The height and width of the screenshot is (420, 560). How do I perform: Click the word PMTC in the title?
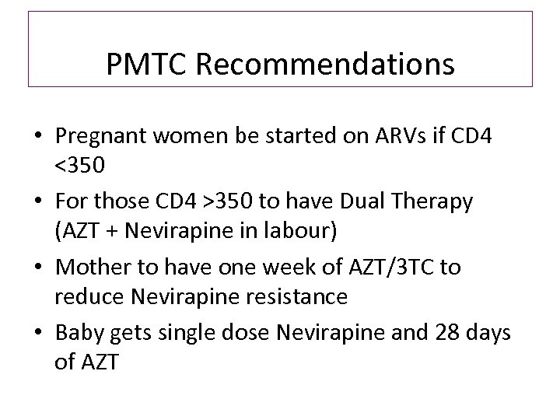[148, 65]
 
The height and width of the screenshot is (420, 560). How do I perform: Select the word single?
[180, 333]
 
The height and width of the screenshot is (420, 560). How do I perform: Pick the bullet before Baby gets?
[37, 334]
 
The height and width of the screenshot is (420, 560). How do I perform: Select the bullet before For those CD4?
[37, 202]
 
